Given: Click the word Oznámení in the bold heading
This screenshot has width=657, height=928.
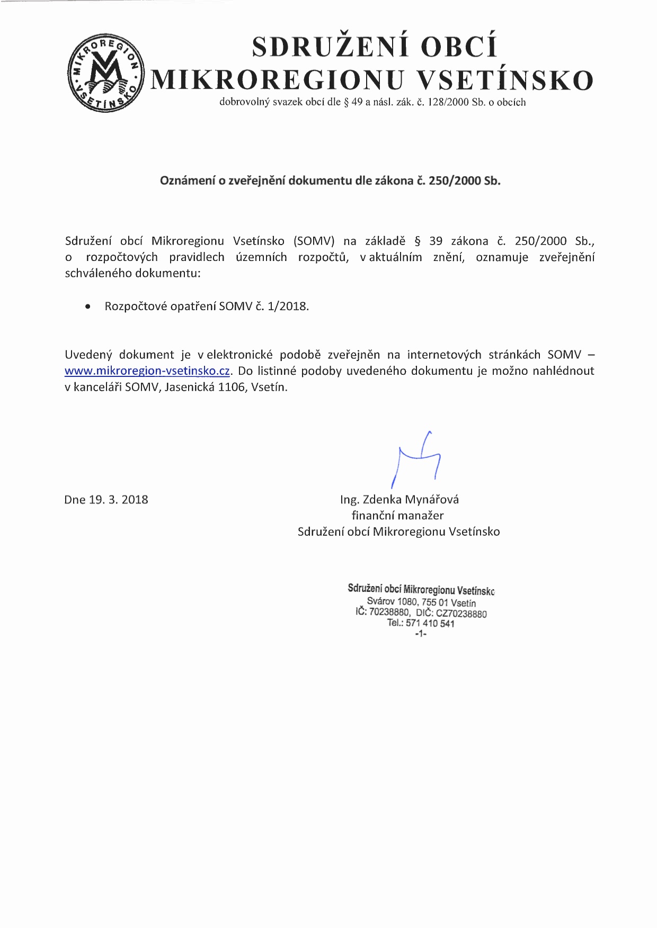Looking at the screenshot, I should point(188,181).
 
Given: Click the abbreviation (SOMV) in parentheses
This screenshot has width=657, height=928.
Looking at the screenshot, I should point(314,241).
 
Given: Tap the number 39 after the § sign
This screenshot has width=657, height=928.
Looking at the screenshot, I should point(436,241).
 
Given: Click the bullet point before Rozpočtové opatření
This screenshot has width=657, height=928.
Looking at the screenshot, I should point(88,307).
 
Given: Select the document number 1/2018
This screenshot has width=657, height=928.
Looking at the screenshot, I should point(288,307).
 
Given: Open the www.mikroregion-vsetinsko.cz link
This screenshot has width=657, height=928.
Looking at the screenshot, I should point(147,371).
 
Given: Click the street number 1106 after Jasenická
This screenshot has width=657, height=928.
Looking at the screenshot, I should point(232,387).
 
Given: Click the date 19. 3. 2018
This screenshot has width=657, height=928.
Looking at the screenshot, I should point(118,500).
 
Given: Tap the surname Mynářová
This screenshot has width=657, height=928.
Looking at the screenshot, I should point(431,500).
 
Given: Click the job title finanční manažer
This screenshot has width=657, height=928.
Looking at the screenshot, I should point(397,516).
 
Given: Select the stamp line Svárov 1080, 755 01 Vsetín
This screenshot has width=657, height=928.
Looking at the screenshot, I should point(421,602).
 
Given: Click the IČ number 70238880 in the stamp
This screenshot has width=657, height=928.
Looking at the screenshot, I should point(389,612).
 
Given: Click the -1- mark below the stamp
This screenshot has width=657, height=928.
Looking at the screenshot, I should point(421,633).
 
